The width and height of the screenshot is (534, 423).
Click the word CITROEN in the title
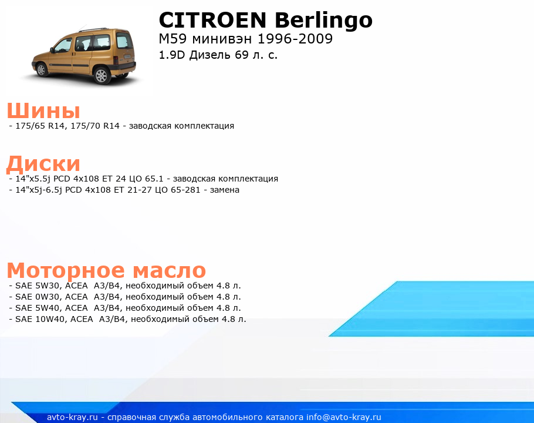(212, 20)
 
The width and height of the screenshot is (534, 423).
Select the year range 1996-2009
(295, 39)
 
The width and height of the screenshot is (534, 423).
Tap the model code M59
(173, 39)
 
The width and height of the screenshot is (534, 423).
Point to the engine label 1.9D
(172, 55)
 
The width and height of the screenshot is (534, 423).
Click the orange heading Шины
(43, 110)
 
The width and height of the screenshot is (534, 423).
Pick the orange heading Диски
(43, 163)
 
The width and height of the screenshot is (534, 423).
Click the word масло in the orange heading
(169, 271)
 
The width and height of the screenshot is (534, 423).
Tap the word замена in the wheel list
(224, 190)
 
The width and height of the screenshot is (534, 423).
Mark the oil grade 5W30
(48, 286)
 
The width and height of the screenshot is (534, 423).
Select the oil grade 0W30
(48, 297)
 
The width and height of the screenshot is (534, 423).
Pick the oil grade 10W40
(50, 320)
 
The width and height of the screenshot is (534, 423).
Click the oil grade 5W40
(48, 308)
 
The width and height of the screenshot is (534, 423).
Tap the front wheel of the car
(42, 69)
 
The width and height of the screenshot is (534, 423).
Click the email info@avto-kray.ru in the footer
(344, 417)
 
